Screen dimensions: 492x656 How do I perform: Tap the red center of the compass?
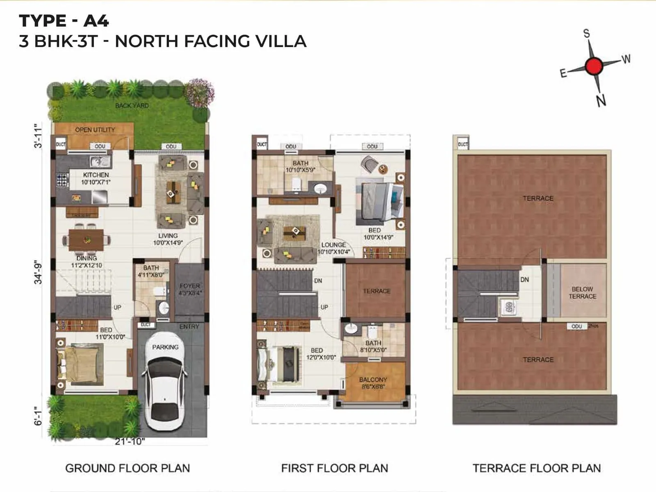pyautogui.click(x=594, y=66)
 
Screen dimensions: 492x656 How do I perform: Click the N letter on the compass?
pyautogui.click(x=601, y=100)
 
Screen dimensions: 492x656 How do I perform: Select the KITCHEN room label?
pyautogui.click(x=96, y=175)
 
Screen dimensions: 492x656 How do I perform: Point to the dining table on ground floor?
pyautogui.click(x=86, y=240)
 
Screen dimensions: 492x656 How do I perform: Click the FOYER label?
pyautogui.click(x=189, y=286)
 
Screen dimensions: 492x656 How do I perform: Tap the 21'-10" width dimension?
pyautogui.click(x=130, y=442)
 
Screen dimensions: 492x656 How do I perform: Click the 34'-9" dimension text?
pyautogui.click(x=38, y=272)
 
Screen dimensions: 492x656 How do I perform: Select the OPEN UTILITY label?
pyautogui.click(x=95, y=130)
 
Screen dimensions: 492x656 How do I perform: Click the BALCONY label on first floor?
pyautogui.click(x=373, y=380)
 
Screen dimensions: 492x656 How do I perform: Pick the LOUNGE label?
pyautogui.click(x=333, y=245)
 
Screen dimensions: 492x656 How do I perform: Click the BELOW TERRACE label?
pyautogui.click(x=582, y=292)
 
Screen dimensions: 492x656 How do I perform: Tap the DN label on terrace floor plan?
pyautogui.click(x=524, y=280)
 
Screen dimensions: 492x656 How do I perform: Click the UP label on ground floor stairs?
pyautogui.click(x=117, y=307)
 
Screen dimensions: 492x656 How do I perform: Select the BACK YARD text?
pyautogui.click(x=132, y=105)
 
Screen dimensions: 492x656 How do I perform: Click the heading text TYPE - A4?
pyautogui.click(x=64, y=20)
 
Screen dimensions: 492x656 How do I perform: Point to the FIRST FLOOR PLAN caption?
pyautogui.click(x=334, y=468)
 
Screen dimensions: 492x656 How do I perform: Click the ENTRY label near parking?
pyautogui.click(x=189, y=326)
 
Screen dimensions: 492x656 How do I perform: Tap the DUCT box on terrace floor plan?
pyautogui.click(x=462, y=144)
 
